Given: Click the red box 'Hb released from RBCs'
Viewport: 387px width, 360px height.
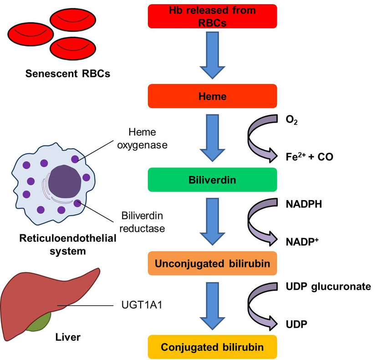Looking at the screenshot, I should [212, 16].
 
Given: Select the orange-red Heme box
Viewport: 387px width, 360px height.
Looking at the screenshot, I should [212, 96].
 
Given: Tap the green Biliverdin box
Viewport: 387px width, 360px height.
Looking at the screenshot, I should [212, 180].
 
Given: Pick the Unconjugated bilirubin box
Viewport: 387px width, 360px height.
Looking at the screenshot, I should [212, 263].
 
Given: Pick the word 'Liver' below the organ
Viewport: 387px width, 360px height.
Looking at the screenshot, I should [68, 338].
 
